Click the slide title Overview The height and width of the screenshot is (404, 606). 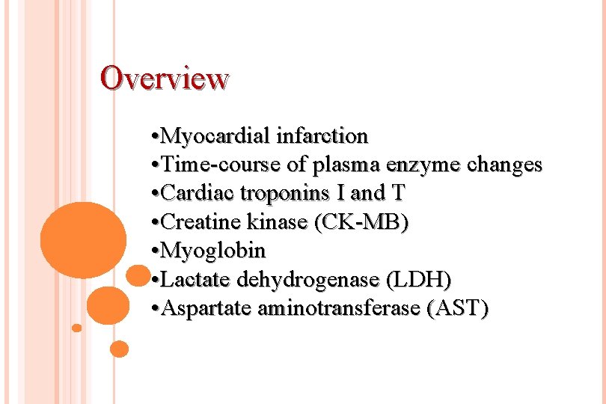pos(165,78)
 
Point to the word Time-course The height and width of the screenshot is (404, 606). pos(218,165)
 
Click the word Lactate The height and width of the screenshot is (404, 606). pos(196,280)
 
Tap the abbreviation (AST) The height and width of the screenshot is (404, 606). pos(456,308)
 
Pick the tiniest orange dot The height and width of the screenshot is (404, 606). pos(76,328)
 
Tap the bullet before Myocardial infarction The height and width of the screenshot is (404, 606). pos(153,137)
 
